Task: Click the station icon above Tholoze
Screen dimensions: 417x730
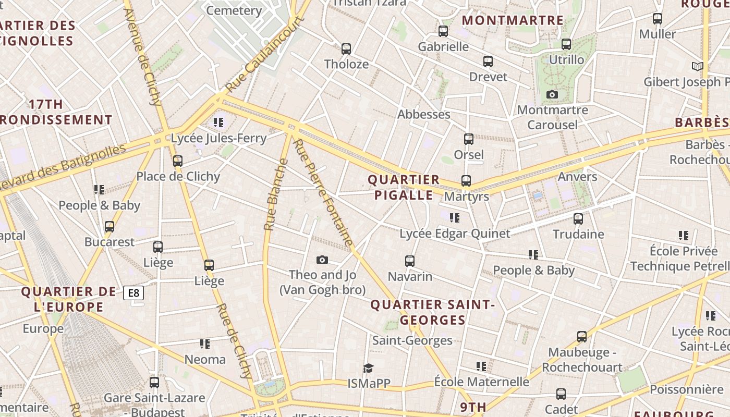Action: (346, 49)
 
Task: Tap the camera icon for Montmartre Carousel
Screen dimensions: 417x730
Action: (552, 94)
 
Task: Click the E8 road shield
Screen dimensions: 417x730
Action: (133, 293)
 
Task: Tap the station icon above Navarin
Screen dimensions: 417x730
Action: (410, 261)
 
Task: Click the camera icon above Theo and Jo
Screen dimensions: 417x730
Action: (322, 260)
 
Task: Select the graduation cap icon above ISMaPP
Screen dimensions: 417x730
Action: (369, 368)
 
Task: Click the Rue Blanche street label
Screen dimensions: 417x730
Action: (276, 195)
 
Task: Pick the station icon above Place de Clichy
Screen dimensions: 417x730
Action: (178, 161)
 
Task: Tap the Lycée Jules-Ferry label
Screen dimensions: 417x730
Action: (218, 138)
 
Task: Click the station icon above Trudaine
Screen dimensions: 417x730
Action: (578, 219)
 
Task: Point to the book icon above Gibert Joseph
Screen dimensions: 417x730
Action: (697, 66)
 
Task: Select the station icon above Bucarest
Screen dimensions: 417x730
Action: (110, 227)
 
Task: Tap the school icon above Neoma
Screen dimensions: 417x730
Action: (205, 344)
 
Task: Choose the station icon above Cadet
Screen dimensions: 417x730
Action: (561, 394)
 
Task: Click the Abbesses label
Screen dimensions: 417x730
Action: (423, 114)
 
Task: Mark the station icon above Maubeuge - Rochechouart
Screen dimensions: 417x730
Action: (582, 337)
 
